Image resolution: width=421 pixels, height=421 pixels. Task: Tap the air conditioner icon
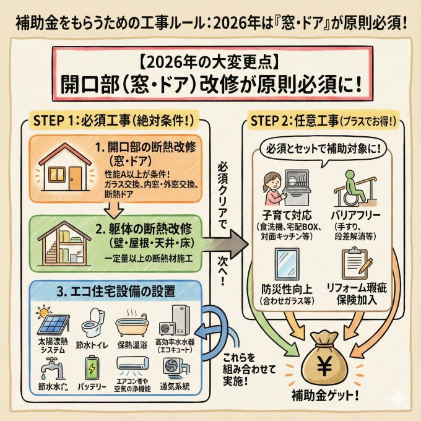tap(135, 367)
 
